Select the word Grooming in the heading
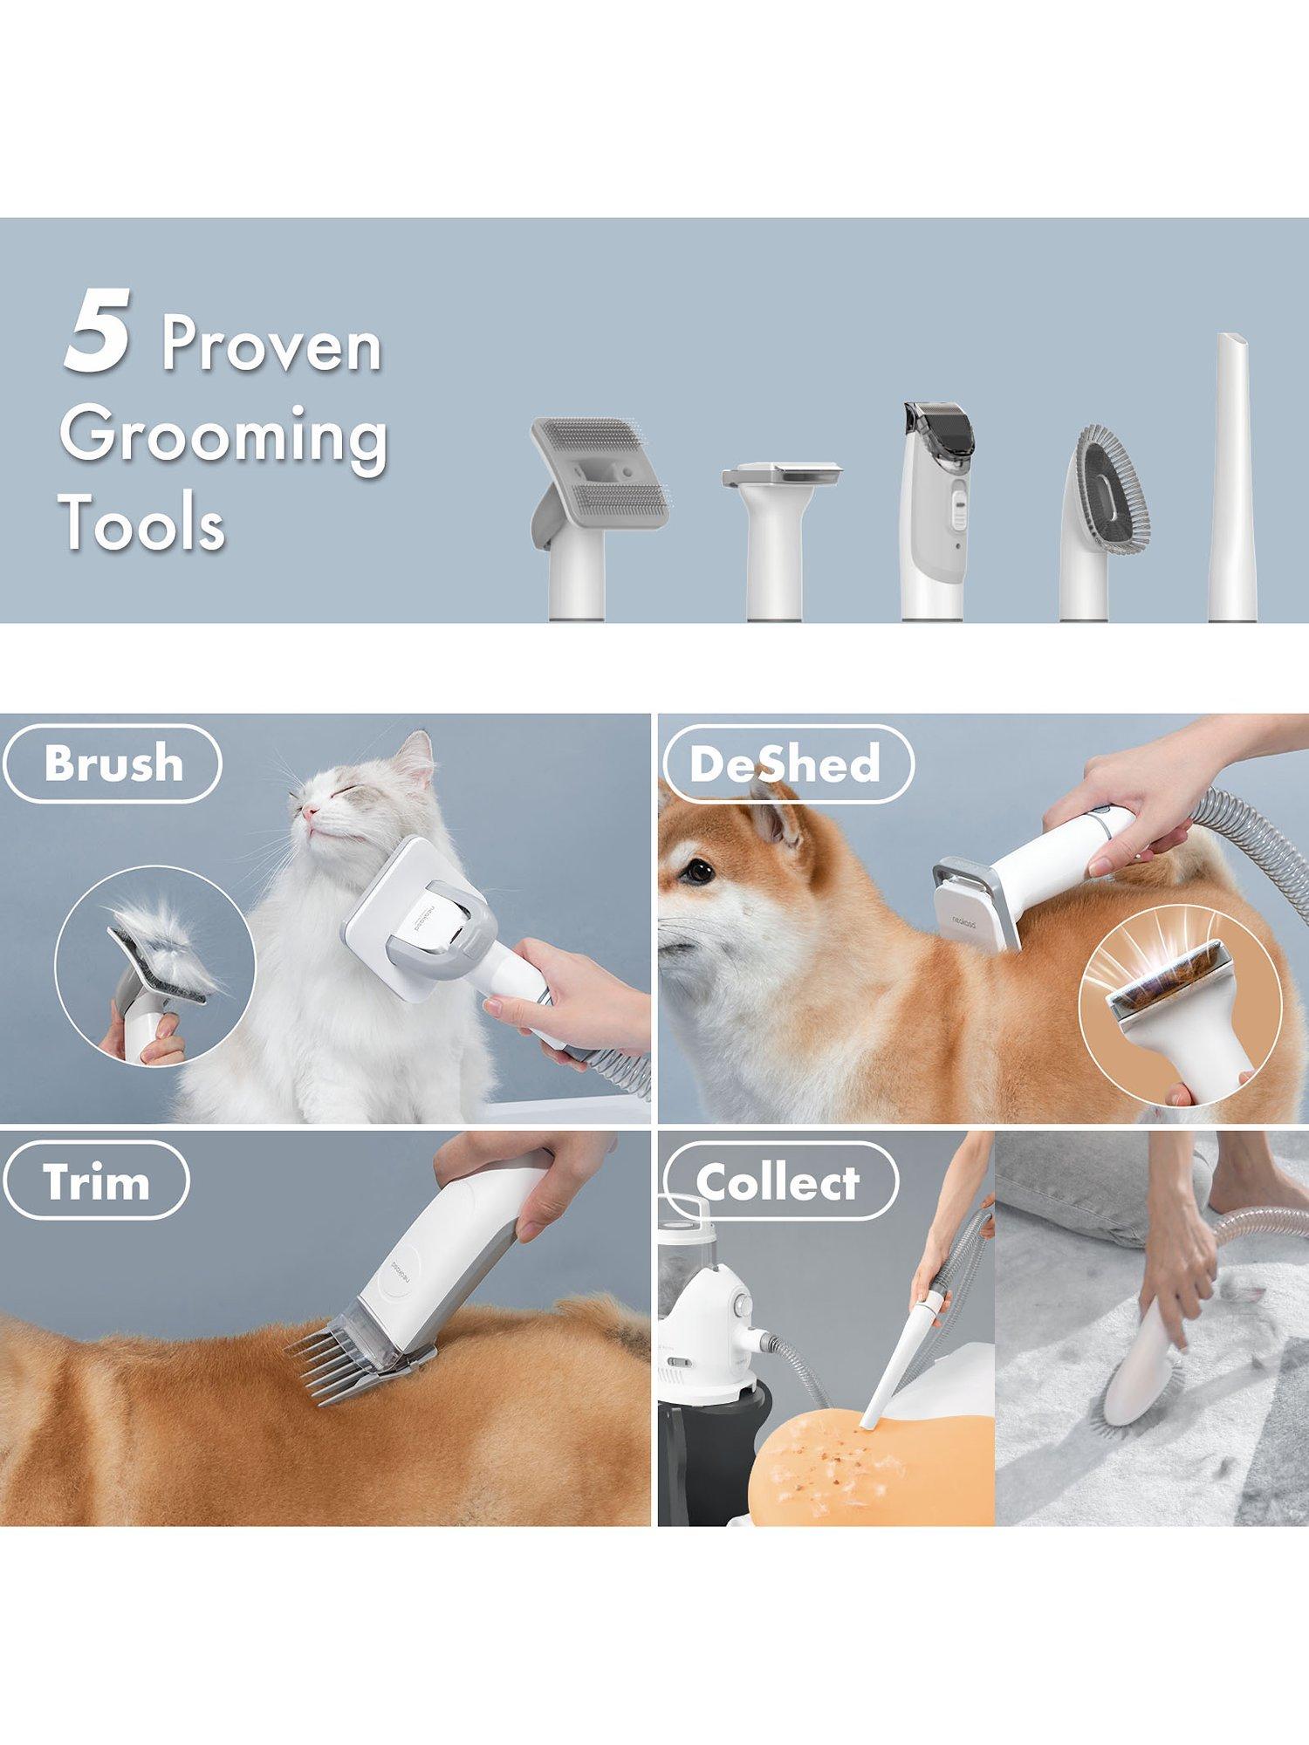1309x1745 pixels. pos(223,437)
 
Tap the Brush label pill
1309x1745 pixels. pos(113,763)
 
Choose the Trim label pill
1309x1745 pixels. pos(96,1180)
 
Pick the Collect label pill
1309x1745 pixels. pos(778,1180)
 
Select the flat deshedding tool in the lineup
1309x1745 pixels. pos(782,541)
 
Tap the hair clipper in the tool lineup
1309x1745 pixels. pos(939,511)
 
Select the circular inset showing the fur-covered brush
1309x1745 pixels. pos(155,967)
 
